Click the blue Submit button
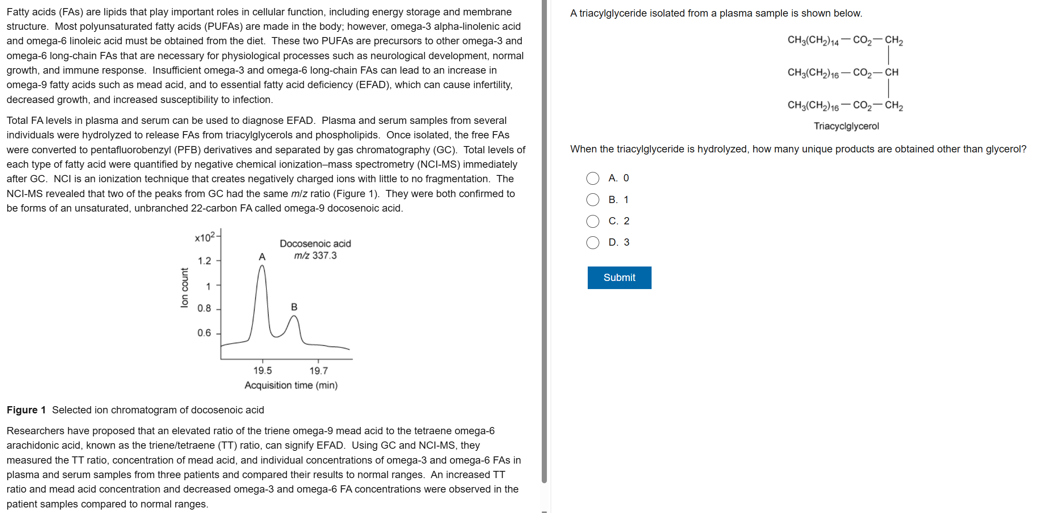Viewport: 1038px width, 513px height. (x=619, y=278)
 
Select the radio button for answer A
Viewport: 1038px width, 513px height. (x=593, y=178)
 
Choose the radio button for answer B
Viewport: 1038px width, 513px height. (x=593, y=200)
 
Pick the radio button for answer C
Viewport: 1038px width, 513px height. (x=593, y=221)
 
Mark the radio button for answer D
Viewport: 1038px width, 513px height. (x=593, y=243)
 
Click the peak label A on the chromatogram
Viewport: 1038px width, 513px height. (x=262, y=257)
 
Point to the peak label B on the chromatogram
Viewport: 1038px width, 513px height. (x=294, y=307)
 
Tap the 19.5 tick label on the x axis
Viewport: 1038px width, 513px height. (x=263, y=370)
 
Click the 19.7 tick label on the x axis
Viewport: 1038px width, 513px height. (x=318, y=371)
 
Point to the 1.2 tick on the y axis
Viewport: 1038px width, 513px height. (x=205, y=261)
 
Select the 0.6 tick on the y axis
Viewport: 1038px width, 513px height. (x=204, y=332)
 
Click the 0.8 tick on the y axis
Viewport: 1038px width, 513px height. (x=204, y=308)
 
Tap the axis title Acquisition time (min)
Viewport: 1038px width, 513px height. (x=291, y=385)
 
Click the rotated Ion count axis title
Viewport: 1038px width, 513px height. (x=184, y=287)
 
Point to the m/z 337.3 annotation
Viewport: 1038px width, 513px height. (x=315, y=255)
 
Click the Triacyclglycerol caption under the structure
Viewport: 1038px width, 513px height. (x=846, y=126)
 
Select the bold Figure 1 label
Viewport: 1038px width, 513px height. (x=26, y=410)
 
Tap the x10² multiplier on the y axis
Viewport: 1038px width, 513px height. (x=205, y=237)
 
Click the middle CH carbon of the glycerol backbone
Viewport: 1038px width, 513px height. (x=892, y=72)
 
